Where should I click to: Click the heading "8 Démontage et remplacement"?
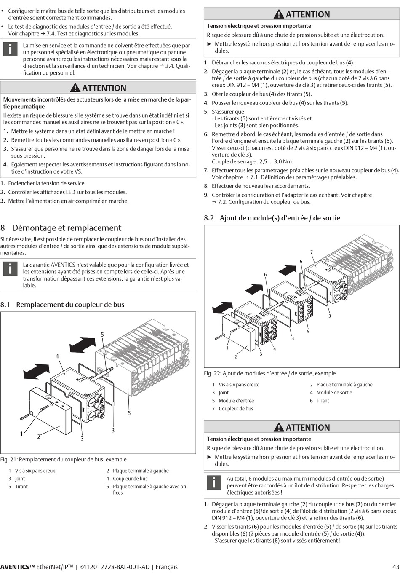click(61, 228)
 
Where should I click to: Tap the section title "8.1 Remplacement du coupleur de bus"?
click(62, 305)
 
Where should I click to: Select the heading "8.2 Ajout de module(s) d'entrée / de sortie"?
click(272, 218)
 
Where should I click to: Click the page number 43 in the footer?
click(395, 567)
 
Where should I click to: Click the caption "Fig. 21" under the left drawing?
click(63, 459)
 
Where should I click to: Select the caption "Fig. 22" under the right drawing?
click(270, 373)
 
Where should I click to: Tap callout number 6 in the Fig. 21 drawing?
click(129, 413)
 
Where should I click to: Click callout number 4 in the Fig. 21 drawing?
click(57, 356)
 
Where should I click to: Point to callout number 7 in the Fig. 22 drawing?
click(312, 252)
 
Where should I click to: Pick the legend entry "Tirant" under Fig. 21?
click(21, 487)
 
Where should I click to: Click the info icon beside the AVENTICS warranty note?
click(10, 268)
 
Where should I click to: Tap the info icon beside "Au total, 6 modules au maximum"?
click(214, 482)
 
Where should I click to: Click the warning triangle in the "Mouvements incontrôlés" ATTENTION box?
click(75, 88)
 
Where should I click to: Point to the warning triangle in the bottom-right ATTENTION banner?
click(279, 427)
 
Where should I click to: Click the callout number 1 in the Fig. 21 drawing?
click(21, 434)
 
